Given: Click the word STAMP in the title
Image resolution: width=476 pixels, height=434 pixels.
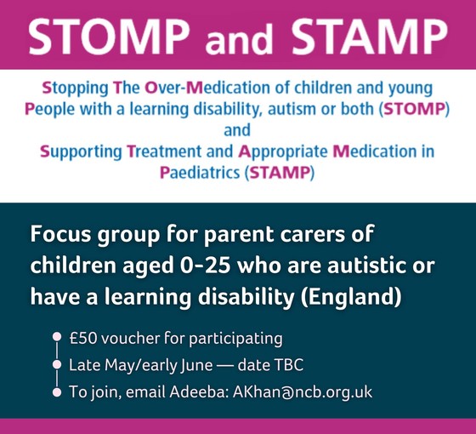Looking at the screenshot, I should pyautogui.click(x=366, y=36).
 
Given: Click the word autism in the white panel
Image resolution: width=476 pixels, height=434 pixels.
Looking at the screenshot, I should pyautogui.click(x=305, y=110).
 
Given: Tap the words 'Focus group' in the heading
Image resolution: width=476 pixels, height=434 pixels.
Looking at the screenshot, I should pyautogui.click(x=93, y=232).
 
